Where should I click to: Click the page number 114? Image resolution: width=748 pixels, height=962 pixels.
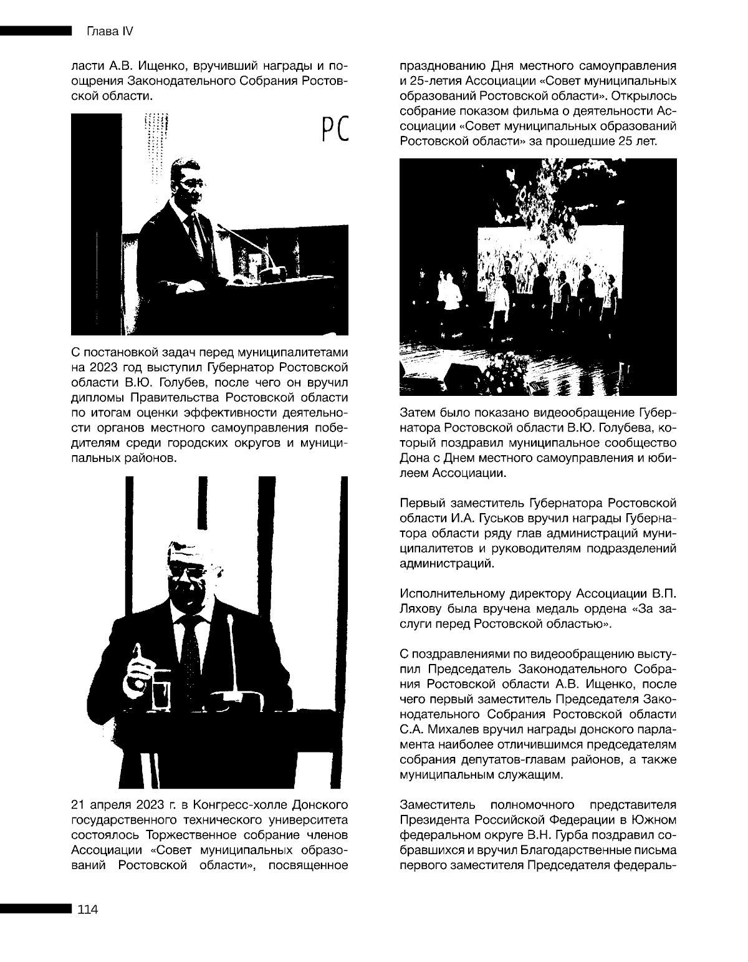tap(87, 910)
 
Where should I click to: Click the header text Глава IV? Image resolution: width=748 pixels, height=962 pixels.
tap(105, 32)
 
